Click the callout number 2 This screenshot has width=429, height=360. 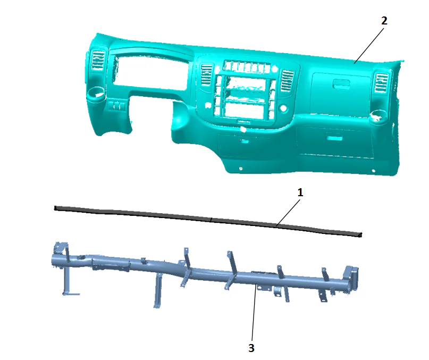click(384, 21)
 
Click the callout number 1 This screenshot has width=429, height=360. click(300, 192)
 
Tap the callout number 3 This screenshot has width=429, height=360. click(251, 348)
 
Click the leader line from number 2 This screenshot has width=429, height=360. click(369, 45)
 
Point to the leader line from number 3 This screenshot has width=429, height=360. click(254, 313)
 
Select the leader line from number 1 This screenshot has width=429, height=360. click(288, 213)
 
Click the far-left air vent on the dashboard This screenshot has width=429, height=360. click(98, 60)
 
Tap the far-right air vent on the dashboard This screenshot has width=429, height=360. click(381, 82)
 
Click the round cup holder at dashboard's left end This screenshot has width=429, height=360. click(96, 93)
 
